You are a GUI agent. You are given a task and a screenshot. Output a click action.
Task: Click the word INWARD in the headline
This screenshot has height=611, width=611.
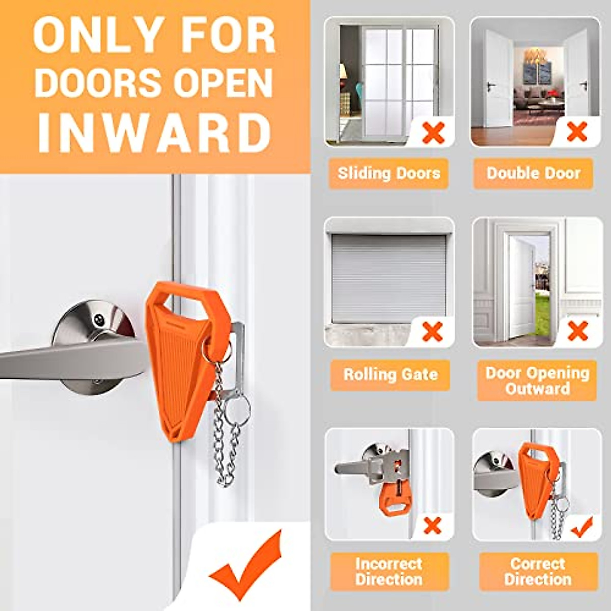coord(154,134)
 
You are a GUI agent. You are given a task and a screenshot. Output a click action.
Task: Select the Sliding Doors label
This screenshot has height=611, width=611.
coord(388,173)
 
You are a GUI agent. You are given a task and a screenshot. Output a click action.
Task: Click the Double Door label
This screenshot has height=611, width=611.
coord(533,173)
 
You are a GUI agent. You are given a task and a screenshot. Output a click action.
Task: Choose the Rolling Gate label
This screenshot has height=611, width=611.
coord(390,375)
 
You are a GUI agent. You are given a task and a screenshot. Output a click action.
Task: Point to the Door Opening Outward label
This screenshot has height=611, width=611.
coord(537,380)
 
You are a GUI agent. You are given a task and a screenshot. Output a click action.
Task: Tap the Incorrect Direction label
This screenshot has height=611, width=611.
coord(389,571)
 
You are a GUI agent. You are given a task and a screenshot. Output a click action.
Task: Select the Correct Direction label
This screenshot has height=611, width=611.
coord(538,571)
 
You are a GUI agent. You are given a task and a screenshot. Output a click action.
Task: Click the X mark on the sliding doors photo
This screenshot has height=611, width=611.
coord(433,132)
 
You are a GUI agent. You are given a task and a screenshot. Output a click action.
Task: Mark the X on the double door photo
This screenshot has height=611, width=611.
coord(577,132)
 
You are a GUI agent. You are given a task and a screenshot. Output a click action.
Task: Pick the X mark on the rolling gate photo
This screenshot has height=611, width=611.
coord(432,332)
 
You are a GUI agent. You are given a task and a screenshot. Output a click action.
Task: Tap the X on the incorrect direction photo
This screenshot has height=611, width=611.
coord(432,525)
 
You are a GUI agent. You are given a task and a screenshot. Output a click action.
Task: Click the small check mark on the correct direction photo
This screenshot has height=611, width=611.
coord(581,527)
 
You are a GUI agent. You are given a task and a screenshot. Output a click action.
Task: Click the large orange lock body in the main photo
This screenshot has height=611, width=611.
coord(178,367)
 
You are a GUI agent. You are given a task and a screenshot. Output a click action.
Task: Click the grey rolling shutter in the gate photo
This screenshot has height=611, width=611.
coord(389,277)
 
